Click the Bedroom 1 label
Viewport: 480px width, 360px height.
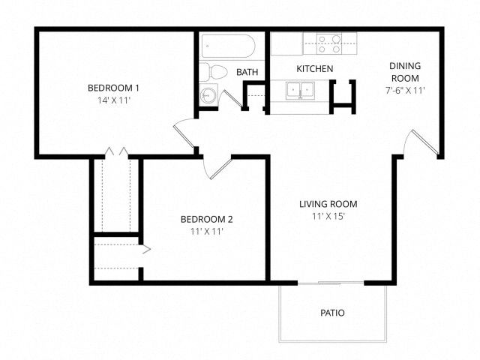(113, 88)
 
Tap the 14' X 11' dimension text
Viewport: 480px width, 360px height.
(114, 100)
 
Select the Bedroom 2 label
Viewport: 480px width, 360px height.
(207, 220)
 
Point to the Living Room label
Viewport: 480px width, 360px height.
(328, 204)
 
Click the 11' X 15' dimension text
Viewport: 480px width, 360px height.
(328, 217)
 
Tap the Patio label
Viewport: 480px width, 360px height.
(332, 313)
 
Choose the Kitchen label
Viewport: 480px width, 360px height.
(315, 69)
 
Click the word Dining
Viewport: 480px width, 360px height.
(405, 66)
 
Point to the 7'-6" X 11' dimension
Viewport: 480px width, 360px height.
(405, 91)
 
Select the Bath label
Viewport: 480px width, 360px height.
(247, 72)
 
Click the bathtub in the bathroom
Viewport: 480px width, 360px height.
(228, 46)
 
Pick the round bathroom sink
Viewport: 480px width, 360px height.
(208, 94)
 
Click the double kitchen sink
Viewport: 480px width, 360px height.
(300, 91)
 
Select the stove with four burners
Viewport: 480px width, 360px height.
(329, 43)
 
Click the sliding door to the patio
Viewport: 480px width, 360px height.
(331, 283)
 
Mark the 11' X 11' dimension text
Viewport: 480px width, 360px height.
(207, 232)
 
